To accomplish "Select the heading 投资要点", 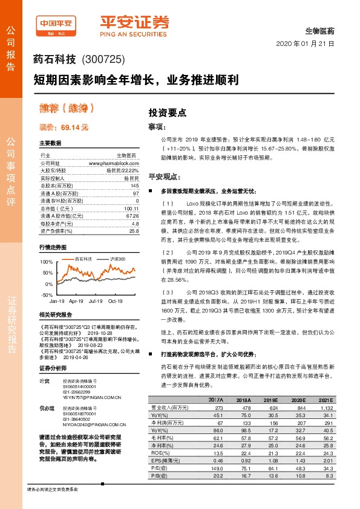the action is (168, 112).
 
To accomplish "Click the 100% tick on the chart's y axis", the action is (46, 262).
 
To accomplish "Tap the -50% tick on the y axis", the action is (47, 294).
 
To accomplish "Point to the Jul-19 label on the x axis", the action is (95, 300).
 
